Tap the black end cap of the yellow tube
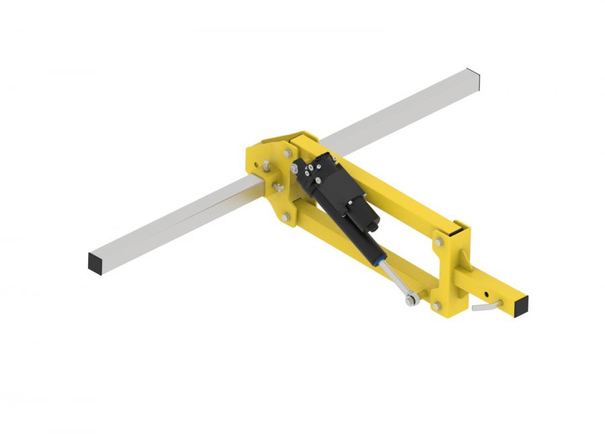(520, 306)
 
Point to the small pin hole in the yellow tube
(485, 294)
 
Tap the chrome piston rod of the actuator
(395, 277)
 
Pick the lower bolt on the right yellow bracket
(437, 306)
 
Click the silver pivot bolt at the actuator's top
(294, 169)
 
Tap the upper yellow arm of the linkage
(397, 195)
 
